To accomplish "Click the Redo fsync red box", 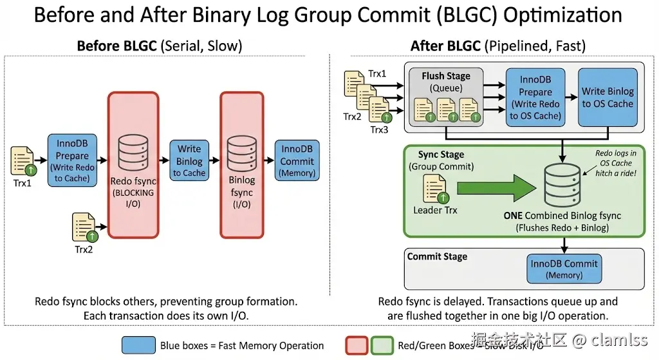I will coord(133,164).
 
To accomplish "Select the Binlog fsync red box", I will coord(242,164).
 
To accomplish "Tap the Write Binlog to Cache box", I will coord(189,160).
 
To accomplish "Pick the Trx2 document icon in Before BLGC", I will coord(84,227).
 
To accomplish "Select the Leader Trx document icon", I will coord(432,189).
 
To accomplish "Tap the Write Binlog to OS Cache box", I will coord(608,97).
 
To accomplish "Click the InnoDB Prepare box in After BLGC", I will coord(535,98).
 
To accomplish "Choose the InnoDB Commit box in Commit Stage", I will coord(564,269).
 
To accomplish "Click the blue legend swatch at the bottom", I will coord(138,345).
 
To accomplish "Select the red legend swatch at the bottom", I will coord(357,345).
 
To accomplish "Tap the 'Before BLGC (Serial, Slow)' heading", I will coord(159,46).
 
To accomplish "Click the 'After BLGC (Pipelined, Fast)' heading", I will coord(497,46).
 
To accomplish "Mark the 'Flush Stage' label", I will coord(446,76).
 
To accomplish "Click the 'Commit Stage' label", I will coord(438,256).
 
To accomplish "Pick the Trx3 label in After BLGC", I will coord(380,129).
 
